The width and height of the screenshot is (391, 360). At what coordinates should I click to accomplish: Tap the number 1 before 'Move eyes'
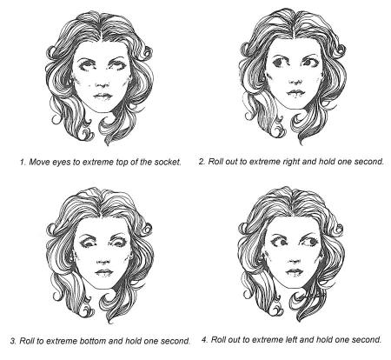pos(22,162)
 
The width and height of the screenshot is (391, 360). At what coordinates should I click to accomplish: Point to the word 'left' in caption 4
pos(295,339)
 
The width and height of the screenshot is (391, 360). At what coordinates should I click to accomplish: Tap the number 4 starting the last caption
pos(204,339)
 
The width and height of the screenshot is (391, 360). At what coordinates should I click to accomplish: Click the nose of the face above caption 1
pos(103,83)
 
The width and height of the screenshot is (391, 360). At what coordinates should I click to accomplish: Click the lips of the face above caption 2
pos(295,93)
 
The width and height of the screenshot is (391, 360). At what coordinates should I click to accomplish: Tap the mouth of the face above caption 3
pos(103,272)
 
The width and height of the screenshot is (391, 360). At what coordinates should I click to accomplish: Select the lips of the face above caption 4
pos(294,272)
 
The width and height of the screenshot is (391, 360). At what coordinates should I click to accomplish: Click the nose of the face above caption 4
pos(294,260)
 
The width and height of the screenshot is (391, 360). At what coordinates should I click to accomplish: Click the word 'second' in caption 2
pos(369,162)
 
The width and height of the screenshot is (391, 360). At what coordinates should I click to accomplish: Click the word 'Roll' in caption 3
pos(26,341)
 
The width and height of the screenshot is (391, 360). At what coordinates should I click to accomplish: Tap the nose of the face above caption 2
pos(295,81)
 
